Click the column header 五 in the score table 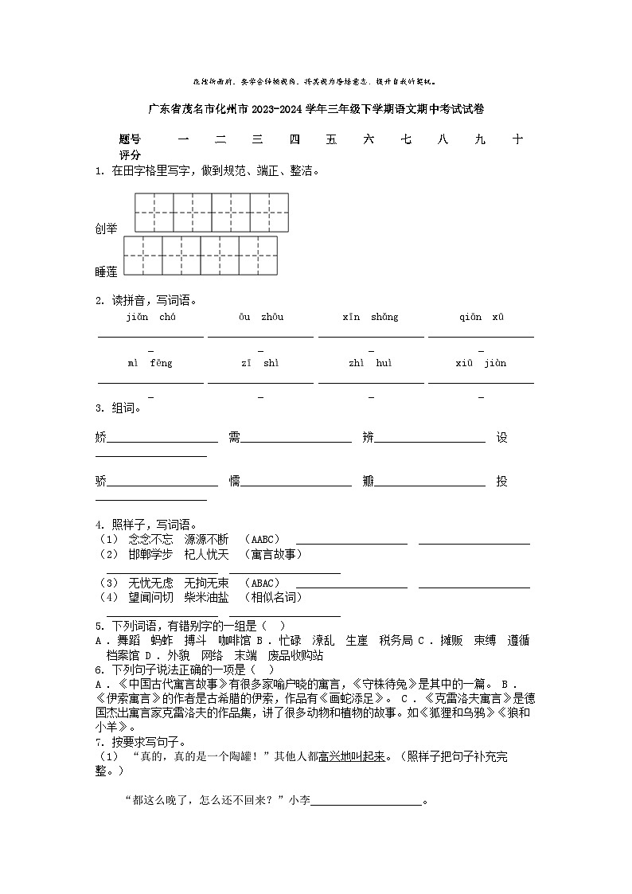pyautogui.click(x=331, y=139)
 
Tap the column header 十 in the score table pyautogui.click(x=517, y=139)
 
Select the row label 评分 pyautogui.click(x=130, y=154)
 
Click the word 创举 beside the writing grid pyautogui.click(x=106, y=229)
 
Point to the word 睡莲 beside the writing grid pyautogui.click(x=106, y=272)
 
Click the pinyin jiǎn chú pyautogui.click(x=150, y=317)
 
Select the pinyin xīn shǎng pyautogui.click(x=370, y=317)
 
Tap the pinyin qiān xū pyautogui.click(x=481, y=317)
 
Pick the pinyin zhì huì pyautogui.click(x=370, y=363)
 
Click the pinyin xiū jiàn pyautogui.click(x=481, y=363)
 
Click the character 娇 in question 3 pyautogui.click(x=100, y=437)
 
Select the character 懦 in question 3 pyautogui.click(x=234, y=481)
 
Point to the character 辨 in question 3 pyautogui.click(x=368, y=437)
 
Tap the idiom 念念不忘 pyautogui.click(x=150, y=540)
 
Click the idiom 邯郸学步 pyautogui.click(x=150, y=554)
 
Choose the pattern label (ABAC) pyautogui.click(x=262, y=584)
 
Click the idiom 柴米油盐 pyautogui.click(x=206, y=597)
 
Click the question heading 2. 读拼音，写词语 pyautogui.click(x=146, y=300)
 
